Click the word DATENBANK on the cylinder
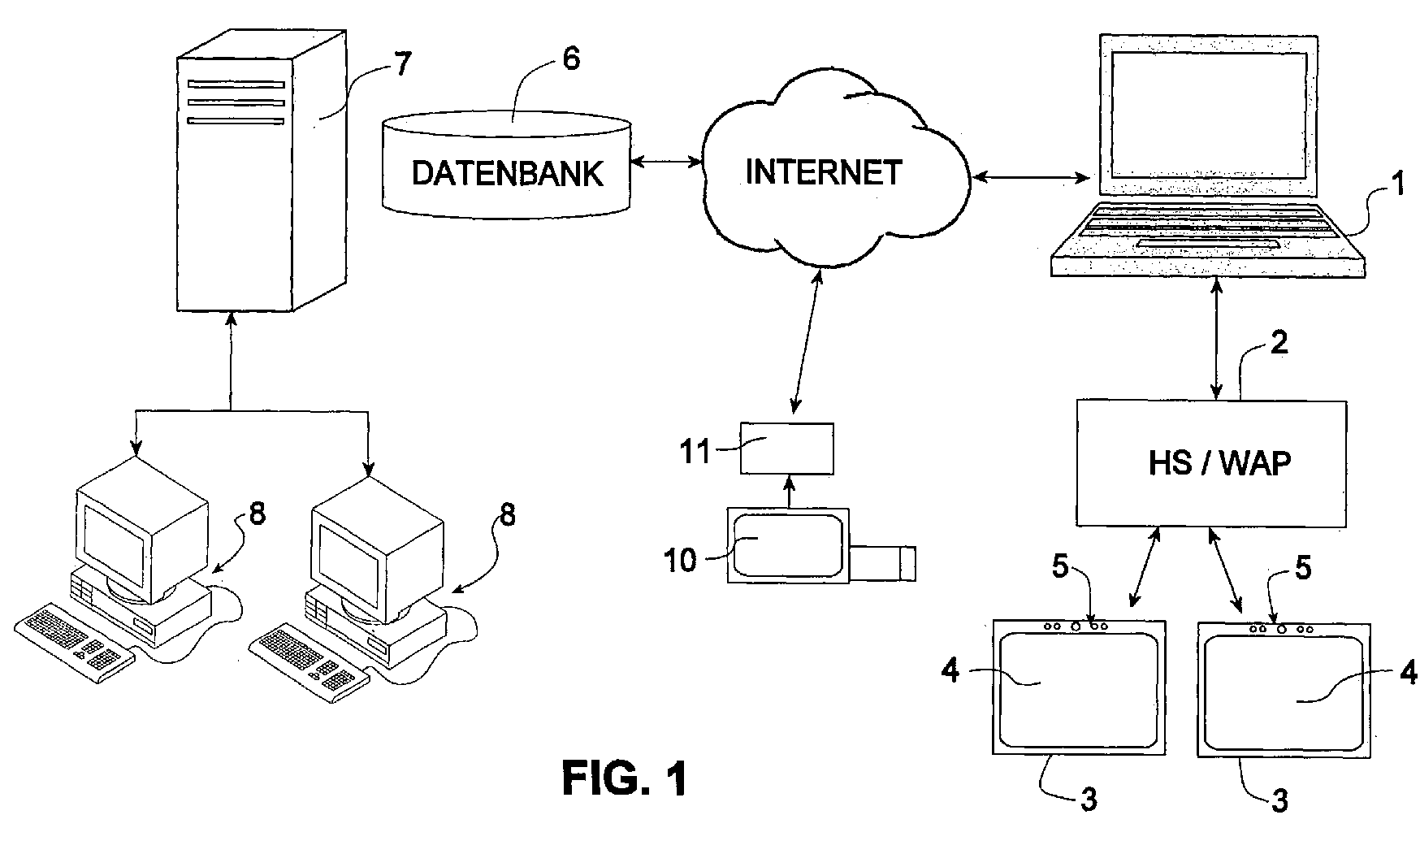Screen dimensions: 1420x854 [508, 173]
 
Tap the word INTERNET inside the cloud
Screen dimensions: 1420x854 [823, 171]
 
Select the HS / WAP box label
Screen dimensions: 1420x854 [1219, 462]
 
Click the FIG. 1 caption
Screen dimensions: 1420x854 [625, 778]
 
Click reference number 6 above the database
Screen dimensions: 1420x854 [572, 60]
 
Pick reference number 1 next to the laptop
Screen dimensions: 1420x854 [1396, 185]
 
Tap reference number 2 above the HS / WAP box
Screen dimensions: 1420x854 [1278, 342]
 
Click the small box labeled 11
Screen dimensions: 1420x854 [786, 449]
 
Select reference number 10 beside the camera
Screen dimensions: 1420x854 [681, 560]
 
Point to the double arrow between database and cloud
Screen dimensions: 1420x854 [666, 163]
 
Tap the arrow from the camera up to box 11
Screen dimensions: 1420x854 [787, 492]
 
